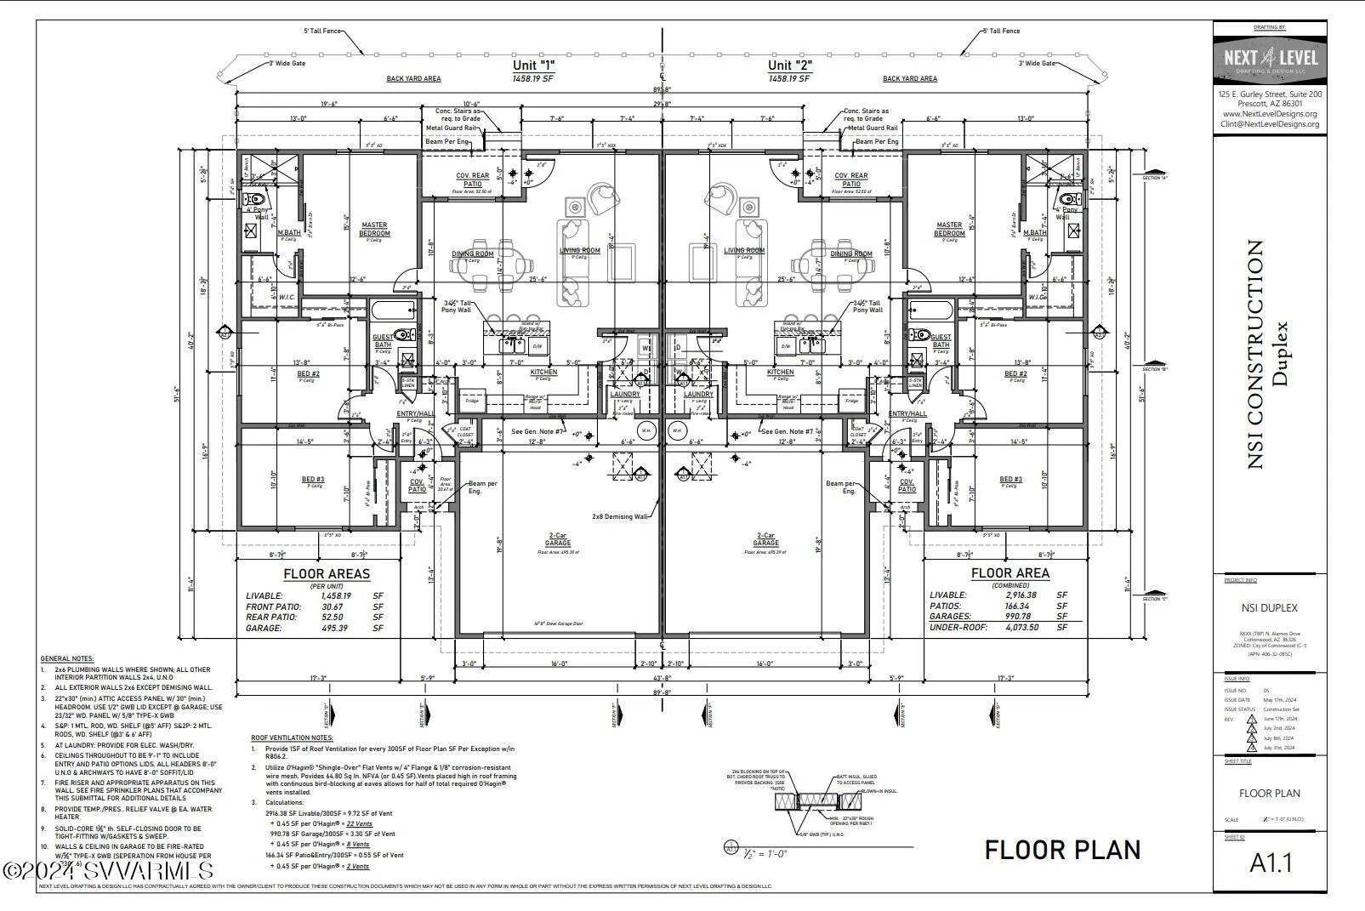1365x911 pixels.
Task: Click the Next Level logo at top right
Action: click(1270, 59)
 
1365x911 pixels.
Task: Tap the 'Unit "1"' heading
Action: click(533, 65)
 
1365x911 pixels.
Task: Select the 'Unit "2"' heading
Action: click(789, 65)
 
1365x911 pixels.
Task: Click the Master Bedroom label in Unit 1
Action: click(374, 229)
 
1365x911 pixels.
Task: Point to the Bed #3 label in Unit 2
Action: click(1010, 480)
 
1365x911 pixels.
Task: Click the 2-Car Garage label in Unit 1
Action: click(558, 539)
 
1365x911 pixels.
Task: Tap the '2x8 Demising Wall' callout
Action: click(620, 516)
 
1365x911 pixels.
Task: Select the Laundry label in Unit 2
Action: click(698, 394)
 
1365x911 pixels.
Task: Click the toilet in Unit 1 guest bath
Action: click(407, 334)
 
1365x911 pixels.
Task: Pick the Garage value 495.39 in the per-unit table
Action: click(335, 628)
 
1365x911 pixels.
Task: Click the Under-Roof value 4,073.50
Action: click(1021, 627)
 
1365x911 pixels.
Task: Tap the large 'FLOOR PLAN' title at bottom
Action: click(1062, 849)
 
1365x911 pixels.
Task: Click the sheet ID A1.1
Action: click(1270, 863)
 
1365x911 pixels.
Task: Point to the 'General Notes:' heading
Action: click(67, 658)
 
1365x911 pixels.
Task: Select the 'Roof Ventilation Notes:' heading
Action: click(292, 737)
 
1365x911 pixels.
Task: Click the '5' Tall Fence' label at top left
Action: click(322, 31)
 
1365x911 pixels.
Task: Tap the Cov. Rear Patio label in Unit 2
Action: click(850, 180)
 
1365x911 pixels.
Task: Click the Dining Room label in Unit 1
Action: click(472, 253)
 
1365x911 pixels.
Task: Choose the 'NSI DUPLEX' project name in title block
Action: click(1269, 607)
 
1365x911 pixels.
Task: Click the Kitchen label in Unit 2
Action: click(780, 372)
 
